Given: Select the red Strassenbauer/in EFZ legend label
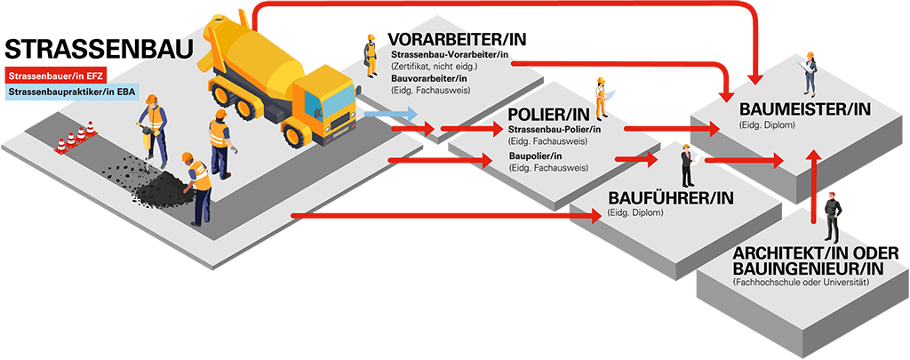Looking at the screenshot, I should click(57, 76).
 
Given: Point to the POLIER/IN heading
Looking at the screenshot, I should click(548, 116).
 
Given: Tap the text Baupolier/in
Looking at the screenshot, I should click(534, 156).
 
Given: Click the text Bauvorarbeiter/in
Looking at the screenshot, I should click(428, 80).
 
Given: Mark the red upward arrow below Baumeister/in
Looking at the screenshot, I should click(813, 187).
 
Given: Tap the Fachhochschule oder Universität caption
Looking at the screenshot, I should click(800, 282).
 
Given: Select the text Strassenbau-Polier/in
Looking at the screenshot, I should click(555, 131).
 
